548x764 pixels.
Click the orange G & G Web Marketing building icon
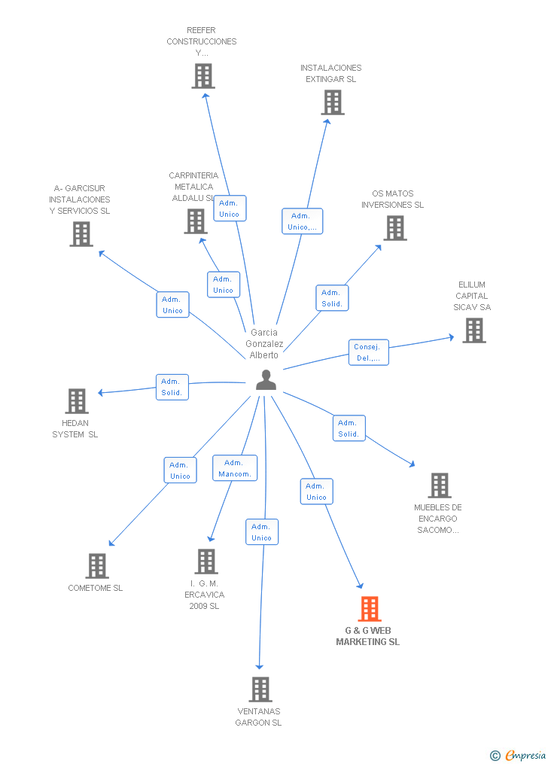tap(370, 608)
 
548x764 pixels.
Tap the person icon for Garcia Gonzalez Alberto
tap(266, 380)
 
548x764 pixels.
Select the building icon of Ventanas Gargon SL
tap(260, 689)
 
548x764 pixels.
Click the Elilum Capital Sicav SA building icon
tap(473, 330)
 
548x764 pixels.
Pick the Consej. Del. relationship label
tap(369, 352)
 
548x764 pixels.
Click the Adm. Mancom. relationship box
tap(235, 468)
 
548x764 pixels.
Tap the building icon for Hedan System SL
tap(77, 401)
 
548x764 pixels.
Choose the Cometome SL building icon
tap(97, 566)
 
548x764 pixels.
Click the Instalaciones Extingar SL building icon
tap(332, 102)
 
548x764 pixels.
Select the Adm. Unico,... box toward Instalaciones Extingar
tap(303, 221)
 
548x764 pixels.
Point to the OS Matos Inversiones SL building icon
tap(395, 228)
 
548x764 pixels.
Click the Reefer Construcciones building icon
tap(202, 76)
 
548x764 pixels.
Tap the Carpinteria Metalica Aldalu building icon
tap(196, 221)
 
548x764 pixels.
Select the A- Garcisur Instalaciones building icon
tap(81, 234)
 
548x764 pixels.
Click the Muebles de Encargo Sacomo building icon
tap(440, 485)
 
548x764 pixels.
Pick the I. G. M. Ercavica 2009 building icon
tap(206, 561)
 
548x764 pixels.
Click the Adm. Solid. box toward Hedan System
tap(172, 387)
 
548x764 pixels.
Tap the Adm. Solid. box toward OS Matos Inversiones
tap(332, 298)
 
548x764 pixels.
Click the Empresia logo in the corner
tap(519, 755)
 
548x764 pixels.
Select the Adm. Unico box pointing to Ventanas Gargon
tap(262, 532)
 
